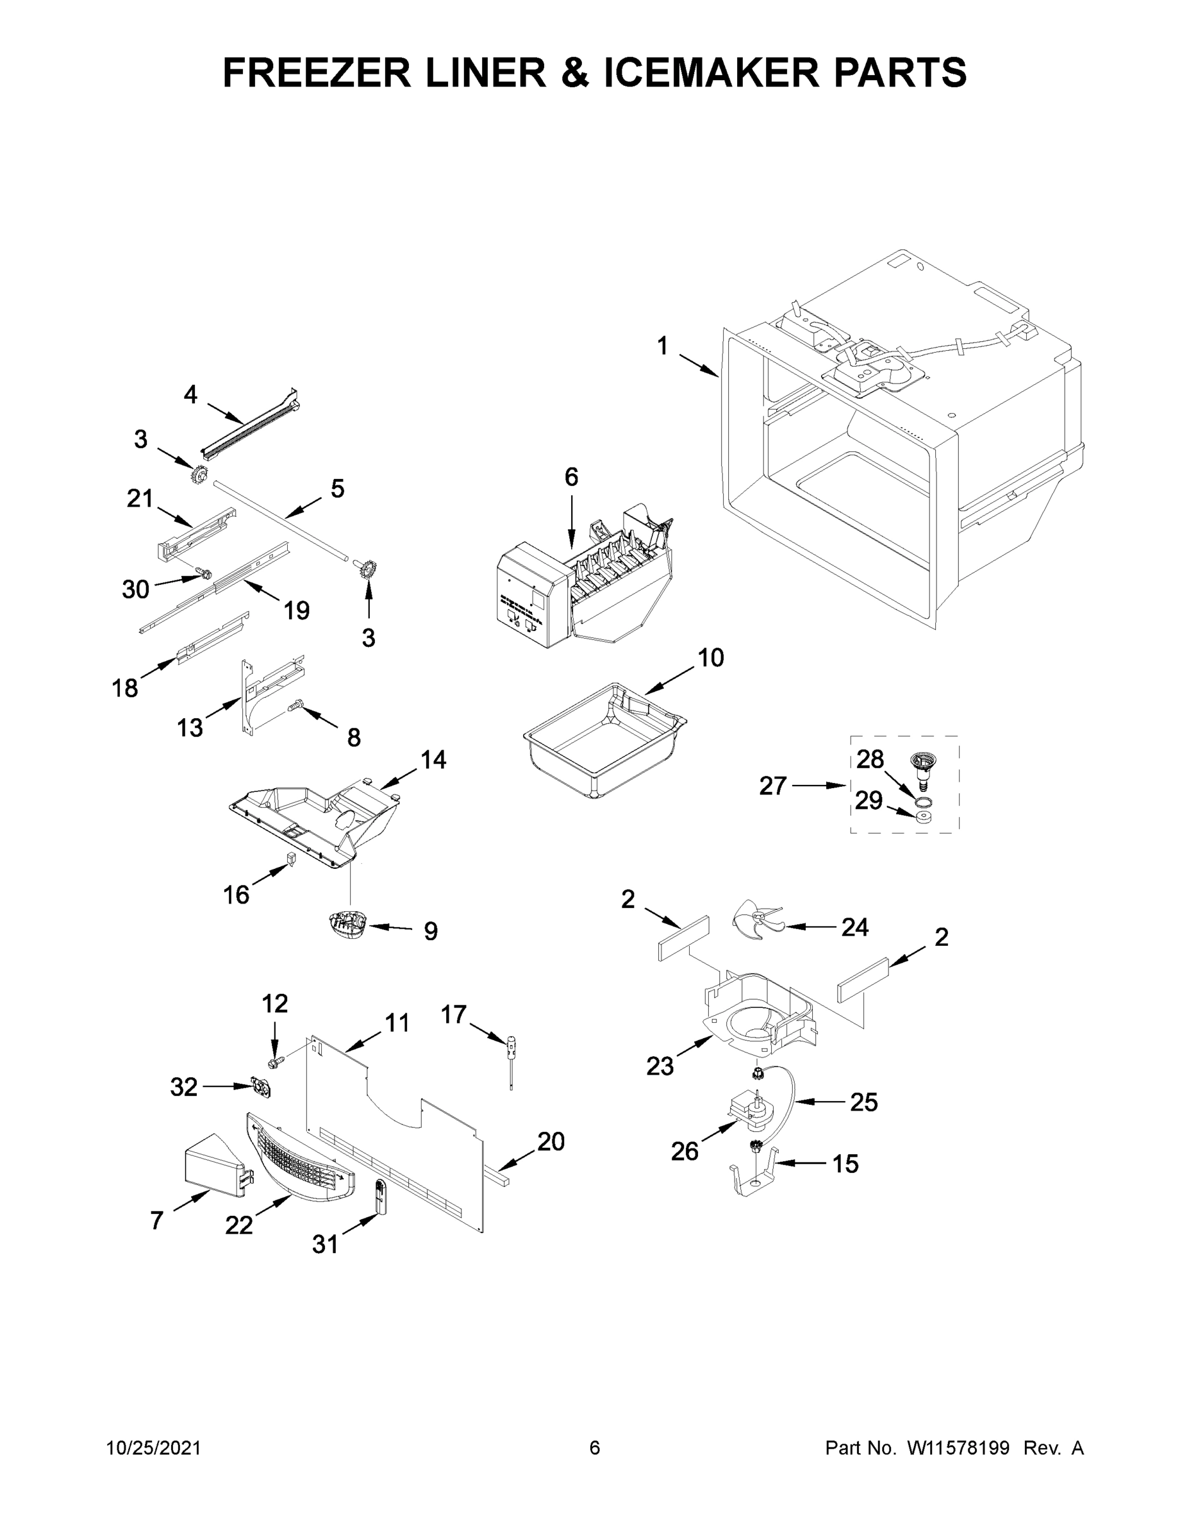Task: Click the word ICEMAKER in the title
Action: [x=711, y=72]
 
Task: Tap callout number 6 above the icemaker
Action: [x=571, y=478]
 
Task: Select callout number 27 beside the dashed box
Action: [x=773, y=785]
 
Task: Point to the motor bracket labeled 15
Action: [x=754, y=1175]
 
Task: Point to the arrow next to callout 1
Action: [x=699, y=365]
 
